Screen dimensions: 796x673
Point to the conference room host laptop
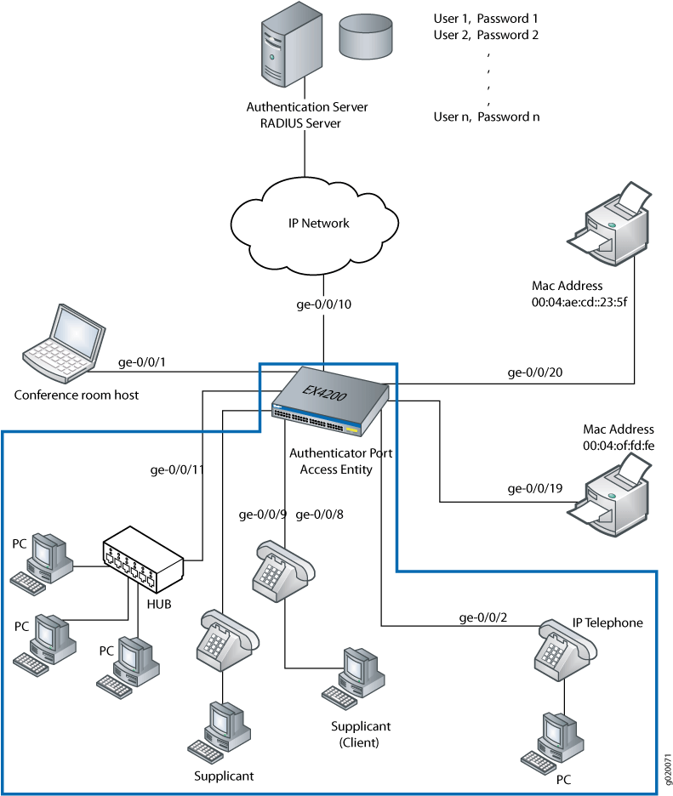pos(58,344)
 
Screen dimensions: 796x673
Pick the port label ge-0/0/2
pos(482,617)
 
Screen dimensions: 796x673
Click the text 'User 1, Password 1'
pos(486,18)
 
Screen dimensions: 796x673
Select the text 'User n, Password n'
pos(486,117)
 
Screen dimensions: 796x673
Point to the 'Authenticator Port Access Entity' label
pos(340,461)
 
